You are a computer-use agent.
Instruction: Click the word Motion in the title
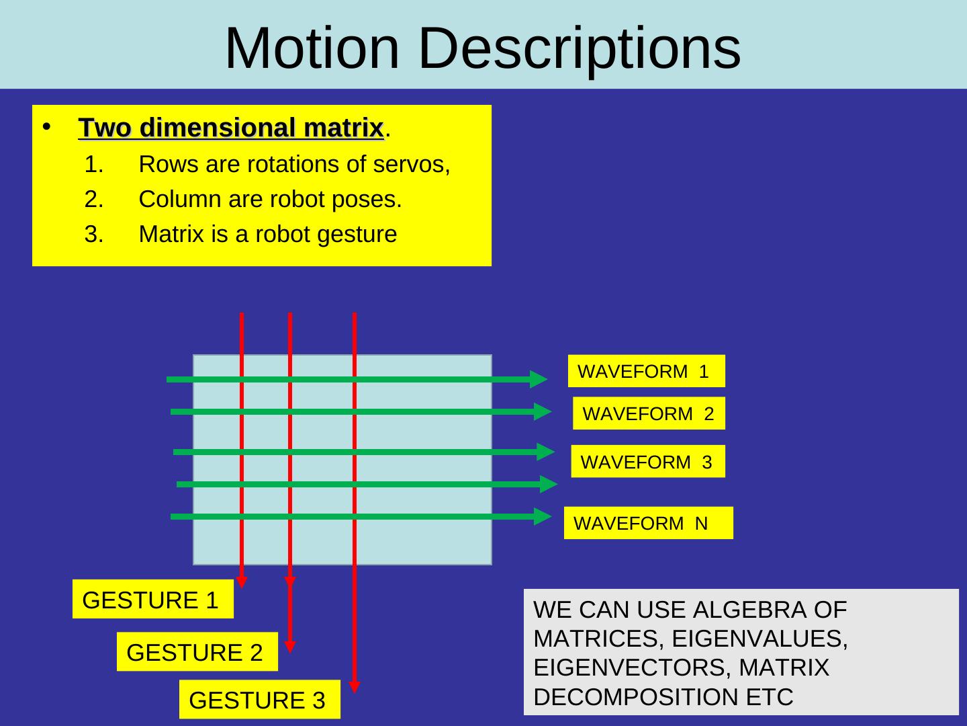pyautogui.click(x=312, y=48)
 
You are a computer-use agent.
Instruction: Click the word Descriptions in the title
pyautogui.click(x=580, y=48)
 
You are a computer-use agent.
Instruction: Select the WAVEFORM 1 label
pyautogui.click(x=646, y=371)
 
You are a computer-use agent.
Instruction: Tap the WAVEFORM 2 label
pyautogui.click(x=649, y=413)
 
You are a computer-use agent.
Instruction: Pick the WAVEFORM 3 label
pyautogui.click(x=647, y=462)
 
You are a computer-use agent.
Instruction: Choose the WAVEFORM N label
pyautogui.click(x=648, y=523)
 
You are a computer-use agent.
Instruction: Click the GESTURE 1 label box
pyautogui.click(x=152, y=600)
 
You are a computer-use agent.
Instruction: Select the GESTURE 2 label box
pyautogui.click(x=197, y=652)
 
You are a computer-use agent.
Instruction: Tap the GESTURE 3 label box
pyautogui.click(x=259, y=700)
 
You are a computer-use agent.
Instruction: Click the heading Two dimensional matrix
pyautogui.click(x=231, y=127)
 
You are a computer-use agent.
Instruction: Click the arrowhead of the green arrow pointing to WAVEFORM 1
pyautogui.click(x=539, y=379)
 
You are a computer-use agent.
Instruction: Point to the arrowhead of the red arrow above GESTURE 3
pyautogui.click(x=355, y=686)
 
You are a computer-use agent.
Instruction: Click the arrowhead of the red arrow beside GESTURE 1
pyautogui.click(x=242, y=581)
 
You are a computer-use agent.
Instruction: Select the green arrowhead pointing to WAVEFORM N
pyautogui.click(x=543, y=516)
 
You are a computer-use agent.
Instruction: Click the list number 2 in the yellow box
pyautogui.click(x=93, y=200)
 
